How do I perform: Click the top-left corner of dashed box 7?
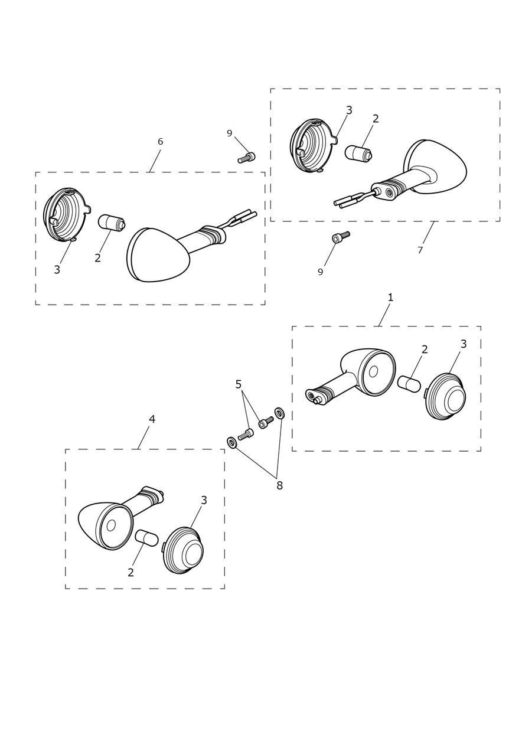click(270, 89)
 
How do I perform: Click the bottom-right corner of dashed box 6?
click(265, 305)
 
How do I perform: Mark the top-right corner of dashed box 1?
click(481, 326)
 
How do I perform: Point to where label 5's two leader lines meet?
click(242, 391)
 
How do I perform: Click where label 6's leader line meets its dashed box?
click(149, 172)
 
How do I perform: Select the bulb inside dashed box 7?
click(358, 154)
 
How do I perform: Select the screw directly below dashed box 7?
click(340, 236)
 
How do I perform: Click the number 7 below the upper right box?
click(420, 250)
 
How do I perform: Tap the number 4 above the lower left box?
click(152, 419)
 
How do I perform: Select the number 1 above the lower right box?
click(390, 298)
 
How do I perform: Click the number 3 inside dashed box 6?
click(57, 269)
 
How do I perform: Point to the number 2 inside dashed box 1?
click(425, 349)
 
